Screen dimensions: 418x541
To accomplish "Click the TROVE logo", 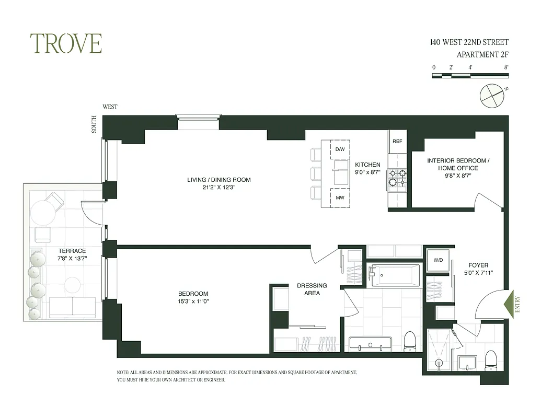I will (x=65, y=43).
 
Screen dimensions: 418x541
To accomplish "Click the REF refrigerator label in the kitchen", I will (x=397, y=141).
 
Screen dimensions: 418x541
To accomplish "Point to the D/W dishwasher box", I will (x=340, y=149).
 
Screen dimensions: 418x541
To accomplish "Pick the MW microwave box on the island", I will (x=340, y=198).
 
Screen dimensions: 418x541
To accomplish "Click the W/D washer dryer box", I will (x=438, y=259).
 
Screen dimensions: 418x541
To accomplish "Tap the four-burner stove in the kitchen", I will (x=397, y=179).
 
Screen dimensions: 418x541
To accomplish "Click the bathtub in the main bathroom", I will (x=394, y=275).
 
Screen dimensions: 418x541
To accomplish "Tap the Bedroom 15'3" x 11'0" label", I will (x=193, y=297).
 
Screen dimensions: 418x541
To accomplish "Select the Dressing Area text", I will (x=312, y=289).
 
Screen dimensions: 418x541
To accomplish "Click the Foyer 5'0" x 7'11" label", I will (x=479, y=269).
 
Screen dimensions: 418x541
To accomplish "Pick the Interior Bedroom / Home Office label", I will (x=458, y=168).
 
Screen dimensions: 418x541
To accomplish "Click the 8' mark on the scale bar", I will (x=506, y=67).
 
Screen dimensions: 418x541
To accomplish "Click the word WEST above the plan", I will (x=110, y=107).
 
